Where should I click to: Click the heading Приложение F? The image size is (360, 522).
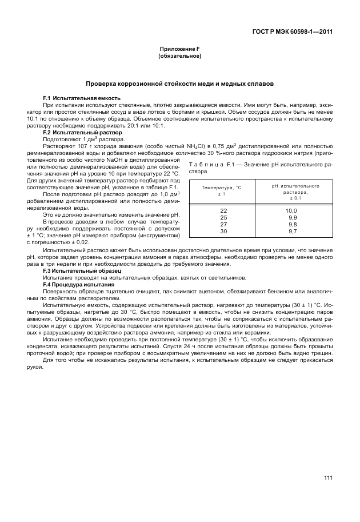[x=179, y=50]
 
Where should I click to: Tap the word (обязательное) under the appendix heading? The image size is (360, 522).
[x=179, y=57]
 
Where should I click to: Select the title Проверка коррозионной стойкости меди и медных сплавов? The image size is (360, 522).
[x=179, y=83]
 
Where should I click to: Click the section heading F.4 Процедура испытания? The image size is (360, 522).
[x=79, y=284]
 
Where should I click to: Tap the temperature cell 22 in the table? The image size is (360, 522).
[x=223, y=211]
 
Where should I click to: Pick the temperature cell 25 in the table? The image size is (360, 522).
[x=223, y=218]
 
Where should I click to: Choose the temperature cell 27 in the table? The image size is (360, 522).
[x=223, y=224]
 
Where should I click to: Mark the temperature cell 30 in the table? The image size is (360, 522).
[x=223, y=231]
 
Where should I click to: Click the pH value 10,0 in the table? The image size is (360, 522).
[x=292, y=211]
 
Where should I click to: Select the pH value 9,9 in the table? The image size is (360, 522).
[x=293, y=218]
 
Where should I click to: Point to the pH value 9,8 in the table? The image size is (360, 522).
[x=293, y=224]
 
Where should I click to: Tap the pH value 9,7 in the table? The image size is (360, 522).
[x=293, y=231]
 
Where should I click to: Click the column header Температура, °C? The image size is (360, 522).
[x=222, y=188]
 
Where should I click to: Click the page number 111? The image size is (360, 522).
[x=328, y=479]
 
